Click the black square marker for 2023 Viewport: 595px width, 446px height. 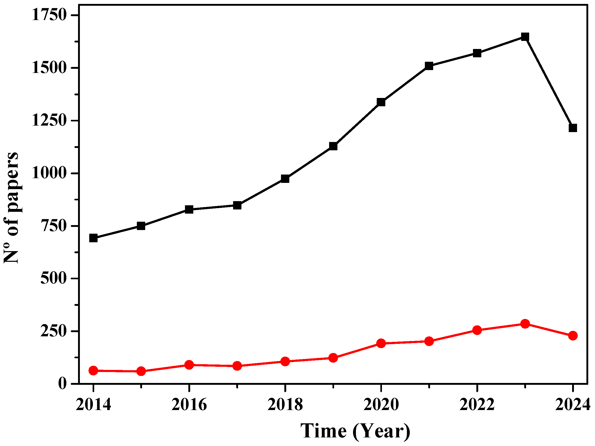tap(525, 37)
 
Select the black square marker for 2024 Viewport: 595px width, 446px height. tap(573, 128)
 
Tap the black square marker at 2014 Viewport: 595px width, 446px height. tap(93, 238)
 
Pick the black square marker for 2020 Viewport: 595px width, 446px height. tap(381, 102)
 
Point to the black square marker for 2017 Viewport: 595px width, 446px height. tap(237, 206)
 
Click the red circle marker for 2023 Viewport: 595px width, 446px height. tap(525, 324)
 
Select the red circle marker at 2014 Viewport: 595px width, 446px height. tap(93, 371)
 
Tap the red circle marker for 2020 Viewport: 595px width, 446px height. tap(381, 343)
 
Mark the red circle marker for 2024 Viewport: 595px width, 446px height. tap(573, 336)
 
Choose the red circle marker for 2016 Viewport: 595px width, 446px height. tap(189, 365)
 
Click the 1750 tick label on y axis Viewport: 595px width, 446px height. tap(49, 15)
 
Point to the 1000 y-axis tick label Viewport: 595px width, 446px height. tap(49, 173)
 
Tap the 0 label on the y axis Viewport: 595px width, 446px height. tap(62, 383)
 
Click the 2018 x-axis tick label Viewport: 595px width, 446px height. tap(285, 405)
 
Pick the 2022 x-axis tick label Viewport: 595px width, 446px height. tap(477, 405)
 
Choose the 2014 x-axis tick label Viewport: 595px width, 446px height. tap(93, 405)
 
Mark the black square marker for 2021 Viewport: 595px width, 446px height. tap(429, 66)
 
